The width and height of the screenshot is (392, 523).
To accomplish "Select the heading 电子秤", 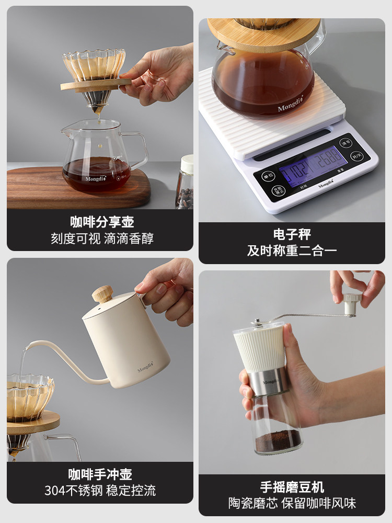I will (x=292, y=234).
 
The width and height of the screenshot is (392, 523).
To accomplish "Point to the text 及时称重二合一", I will (x=292, y=251).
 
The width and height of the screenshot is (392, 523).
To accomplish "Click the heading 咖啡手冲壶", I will (x=100, y=474).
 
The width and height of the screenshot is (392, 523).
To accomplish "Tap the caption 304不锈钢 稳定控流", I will (x=100, y=491).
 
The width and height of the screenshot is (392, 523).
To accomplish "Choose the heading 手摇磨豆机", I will (x=292, y=487).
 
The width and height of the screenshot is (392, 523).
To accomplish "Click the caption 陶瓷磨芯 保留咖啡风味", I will (x=292, y=504).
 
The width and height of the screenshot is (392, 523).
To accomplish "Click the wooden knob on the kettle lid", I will (x=102, y=294).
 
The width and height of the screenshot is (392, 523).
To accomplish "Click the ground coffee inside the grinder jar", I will (x=278, y=442).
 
